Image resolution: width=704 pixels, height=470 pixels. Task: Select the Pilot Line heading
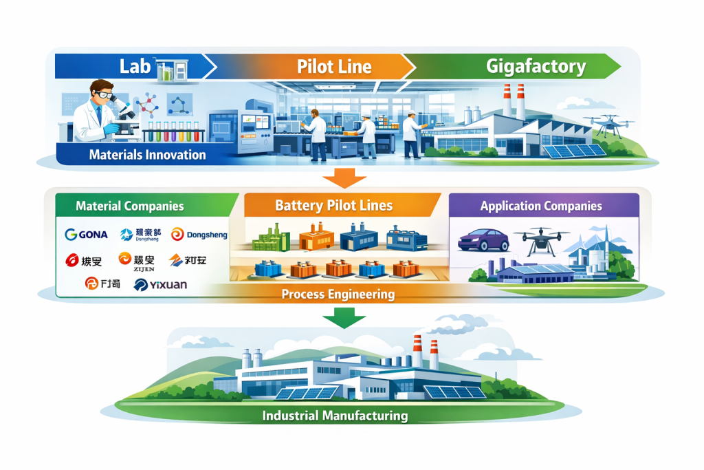click(334, 67)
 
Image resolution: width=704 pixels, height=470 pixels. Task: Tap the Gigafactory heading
click(536, 67)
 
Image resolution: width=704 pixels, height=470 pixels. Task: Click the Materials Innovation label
click(147, 155)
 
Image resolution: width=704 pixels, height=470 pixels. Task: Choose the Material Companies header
click(129, 206)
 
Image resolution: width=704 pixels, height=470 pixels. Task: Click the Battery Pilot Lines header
click(333, 205)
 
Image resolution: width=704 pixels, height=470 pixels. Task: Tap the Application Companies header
click(541, 206)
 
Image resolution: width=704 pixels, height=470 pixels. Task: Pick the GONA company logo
click(86, 234)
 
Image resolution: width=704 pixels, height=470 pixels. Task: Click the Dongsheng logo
click(199, 235)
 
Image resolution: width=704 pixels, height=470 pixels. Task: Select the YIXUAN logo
click(162, 284)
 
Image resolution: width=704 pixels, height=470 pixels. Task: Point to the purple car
click(483, 239)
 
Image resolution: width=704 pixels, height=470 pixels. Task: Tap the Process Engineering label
click(338, 295)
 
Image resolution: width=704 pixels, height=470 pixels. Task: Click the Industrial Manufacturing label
click(335, 416)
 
